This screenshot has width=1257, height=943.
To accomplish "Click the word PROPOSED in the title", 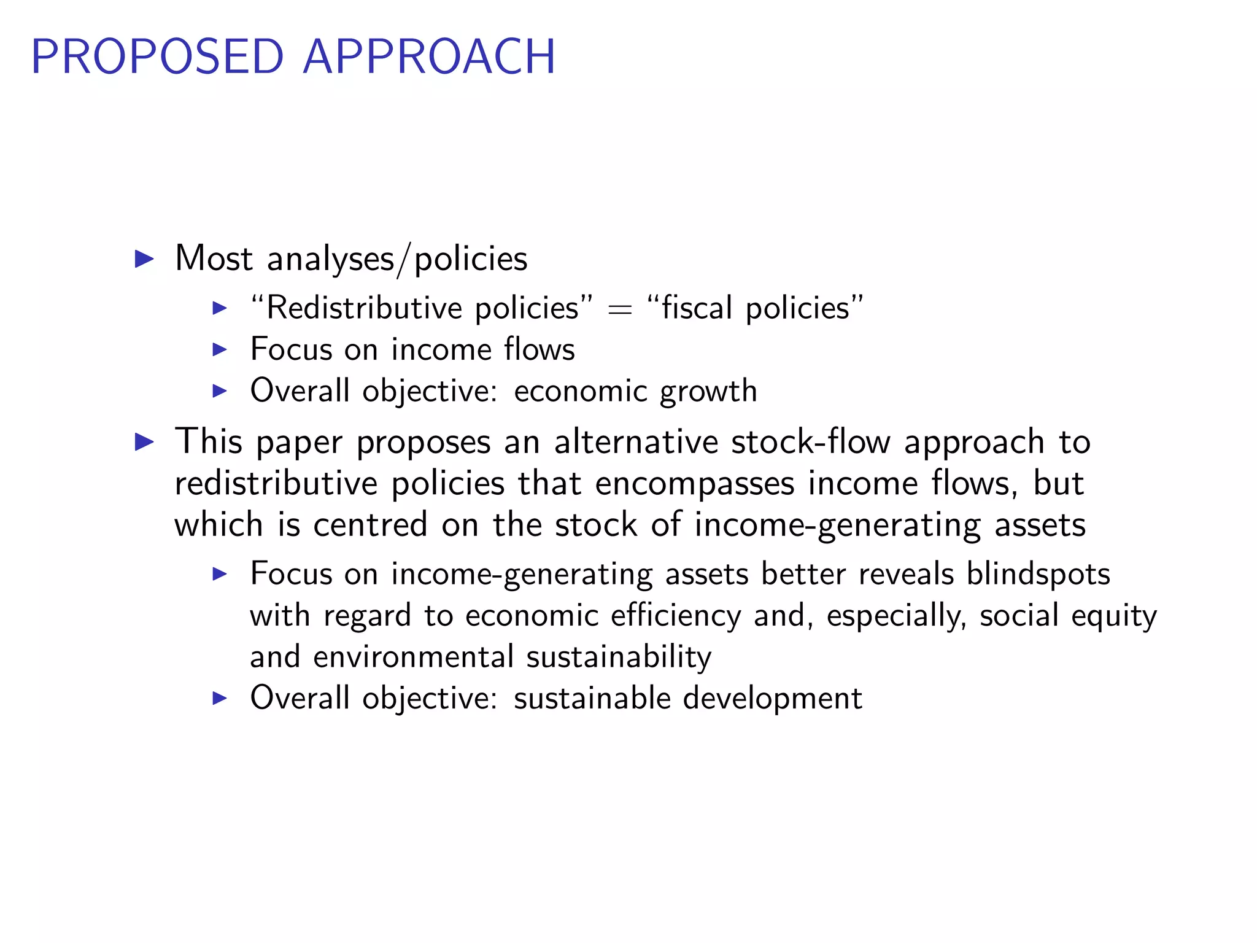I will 157,57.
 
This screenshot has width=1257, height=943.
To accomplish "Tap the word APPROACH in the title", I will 429,57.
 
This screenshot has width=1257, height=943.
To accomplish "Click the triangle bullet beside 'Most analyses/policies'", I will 144,258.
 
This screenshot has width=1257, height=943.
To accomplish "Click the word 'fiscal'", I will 697,308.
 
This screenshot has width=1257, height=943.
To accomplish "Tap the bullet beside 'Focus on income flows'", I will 219,349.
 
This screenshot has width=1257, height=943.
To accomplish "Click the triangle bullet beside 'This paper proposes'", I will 144,441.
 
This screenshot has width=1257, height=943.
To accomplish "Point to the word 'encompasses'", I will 694,484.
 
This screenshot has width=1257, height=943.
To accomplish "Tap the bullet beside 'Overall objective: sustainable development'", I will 219,698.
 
